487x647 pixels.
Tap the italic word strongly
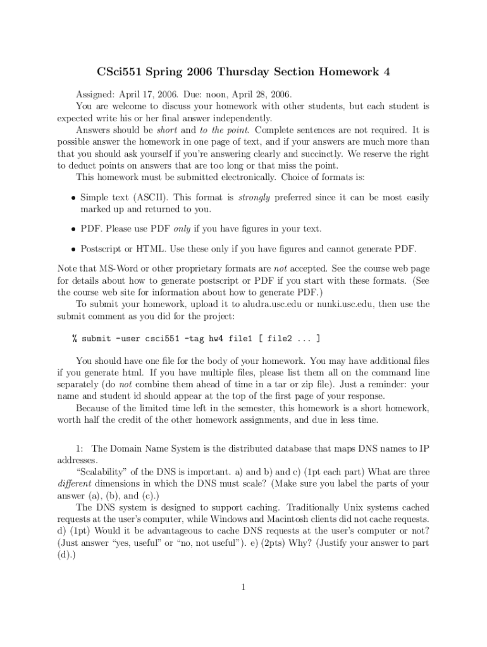[x=254, y=198]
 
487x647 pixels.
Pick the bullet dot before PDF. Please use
[x=73, y=228]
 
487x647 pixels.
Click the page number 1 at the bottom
[x=244, y=588]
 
